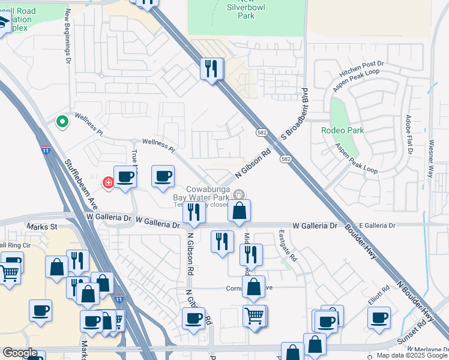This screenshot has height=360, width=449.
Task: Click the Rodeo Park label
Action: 359,130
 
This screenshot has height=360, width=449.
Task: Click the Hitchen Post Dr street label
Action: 361,67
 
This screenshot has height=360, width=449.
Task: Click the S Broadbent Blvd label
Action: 294,114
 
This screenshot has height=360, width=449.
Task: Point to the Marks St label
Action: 41,227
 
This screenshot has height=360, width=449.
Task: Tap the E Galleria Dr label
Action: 373,225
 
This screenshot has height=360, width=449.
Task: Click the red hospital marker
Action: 109,182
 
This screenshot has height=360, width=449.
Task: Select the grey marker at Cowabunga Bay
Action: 239,194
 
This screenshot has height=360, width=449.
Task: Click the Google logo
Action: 20,353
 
